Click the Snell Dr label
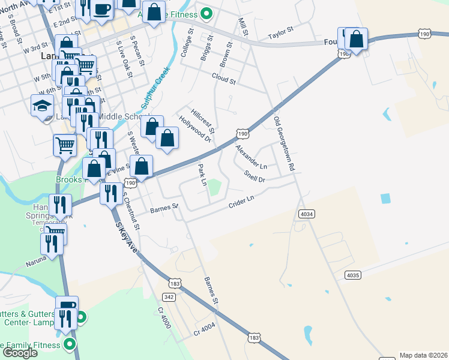coord(255,176)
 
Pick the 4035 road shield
coord(354,275)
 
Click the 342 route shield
coord(169,297)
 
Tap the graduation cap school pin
coord(41,106)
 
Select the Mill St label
coord(243,26)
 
